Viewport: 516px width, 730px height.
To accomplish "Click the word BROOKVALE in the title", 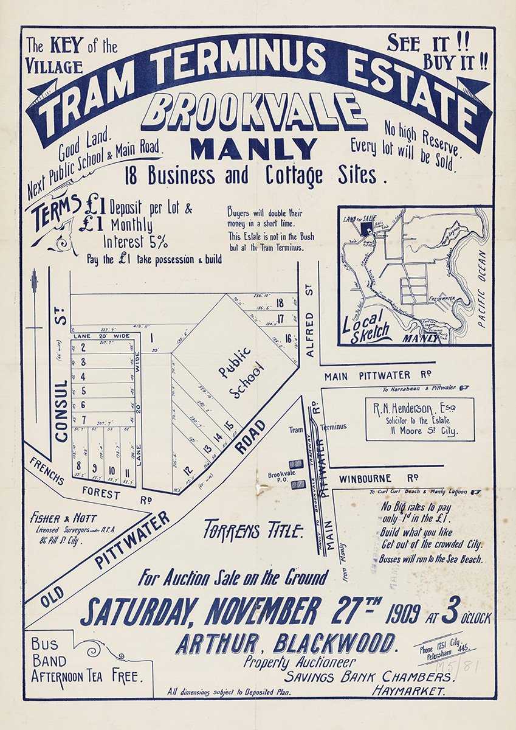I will pyautogui.click(x=258, y=113).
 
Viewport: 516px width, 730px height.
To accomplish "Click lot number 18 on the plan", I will pyautogui.click(x=280, y=303).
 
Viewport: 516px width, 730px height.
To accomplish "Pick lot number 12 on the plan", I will pyautogui.click(x=188, y=470).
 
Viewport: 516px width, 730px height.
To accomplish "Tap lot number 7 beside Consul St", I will pyautogui.click(x=83, y=419).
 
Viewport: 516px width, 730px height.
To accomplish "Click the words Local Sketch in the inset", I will pyautogui.click(x=368, y=325).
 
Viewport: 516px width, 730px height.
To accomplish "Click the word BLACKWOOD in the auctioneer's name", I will pyautogui.click(x=335, y=643).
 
